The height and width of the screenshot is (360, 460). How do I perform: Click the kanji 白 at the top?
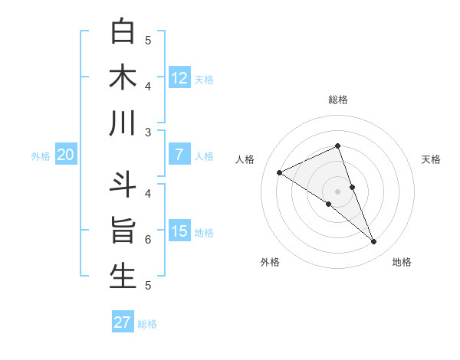point(123,31)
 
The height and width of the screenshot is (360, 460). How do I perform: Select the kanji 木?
point(123,77)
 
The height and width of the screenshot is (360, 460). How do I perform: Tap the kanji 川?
point(123,123)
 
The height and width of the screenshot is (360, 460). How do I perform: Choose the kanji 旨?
point(123,231)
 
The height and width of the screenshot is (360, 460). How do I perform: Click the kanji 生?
point(123,277)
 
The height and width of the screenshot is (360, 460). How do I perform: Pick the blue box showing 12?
point(179,77)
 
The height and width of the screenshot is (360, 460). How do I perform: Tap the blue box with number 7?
point(179,155)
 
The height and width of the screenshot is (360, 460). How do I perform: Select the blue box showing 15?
point(179,231)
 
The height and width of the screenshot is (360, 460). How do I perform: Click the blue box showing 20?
point(65,155)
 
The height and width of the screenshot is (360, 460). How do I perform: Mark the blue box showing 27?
point(123,322)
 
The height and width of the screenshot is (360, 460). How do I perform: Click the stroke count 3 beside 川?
point(148,133)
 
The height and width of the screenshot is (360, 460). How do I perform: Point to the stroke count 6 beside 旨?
point(148,240)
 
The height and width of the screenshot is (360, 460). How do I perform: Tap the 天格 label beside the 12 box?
point(204,79)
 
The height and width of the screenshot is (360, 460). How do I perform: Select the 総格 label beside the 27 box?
point(147,324)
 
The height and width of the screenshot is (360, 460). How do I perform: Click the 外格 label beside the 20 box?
point(41,156)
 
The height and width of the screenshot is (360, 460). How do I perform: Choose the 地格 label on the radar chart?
point(402,262)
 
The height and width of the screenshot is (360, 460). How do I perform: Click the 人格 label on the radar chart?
point(245,159)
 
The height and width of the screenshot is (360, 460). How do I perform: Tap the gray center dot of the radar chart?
point(337,191)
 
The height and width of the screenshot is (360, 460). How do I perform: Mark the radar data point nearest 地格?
point(374,242)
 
